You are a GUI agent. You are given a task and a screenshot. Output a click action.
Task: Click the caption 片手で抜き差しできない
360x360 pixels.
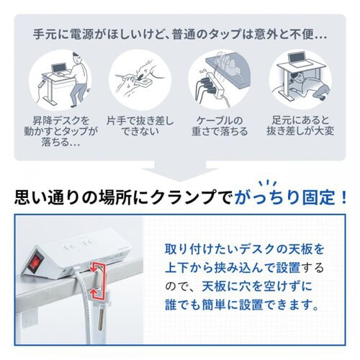point(140,127)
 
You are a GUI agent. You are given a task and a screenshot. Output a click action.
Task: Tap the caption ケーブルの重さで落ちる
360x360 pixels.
point(219,127)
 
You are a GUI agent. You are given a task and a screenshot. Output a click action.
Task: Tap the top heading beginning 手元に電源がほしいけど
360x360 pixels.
point(180,34)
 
